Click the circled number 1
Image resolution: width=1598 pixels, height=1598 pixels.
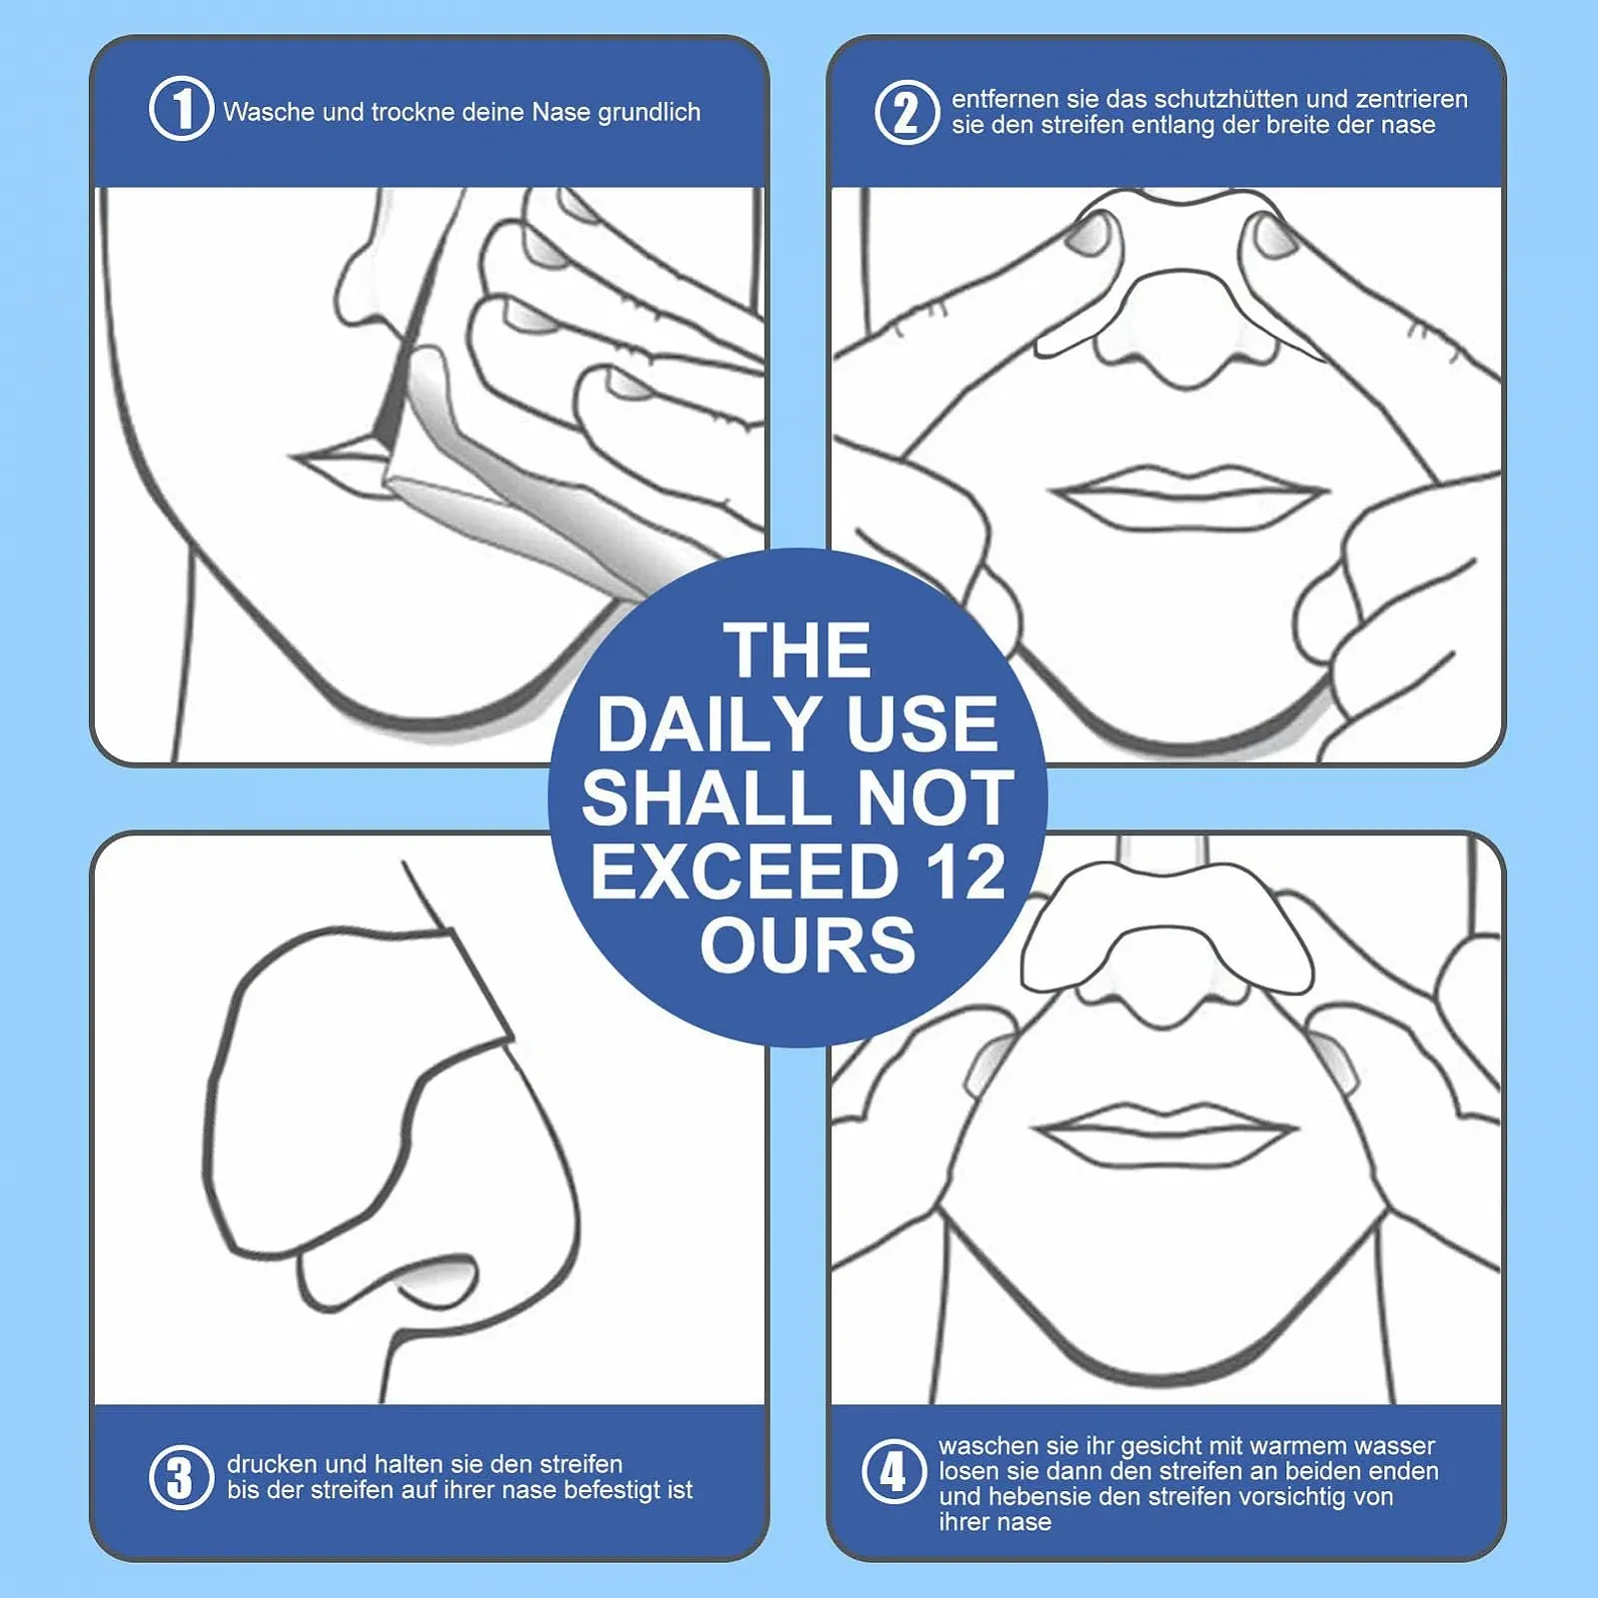[x=181, y=108]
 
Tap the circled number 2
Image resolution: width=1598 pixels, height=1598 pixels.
[x=906, y=112]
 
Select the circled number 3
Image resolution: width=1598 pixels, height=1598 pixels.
[x=181, y=1477]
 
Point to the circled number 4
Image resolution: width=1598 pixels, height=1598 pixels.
[x=894, y=1471]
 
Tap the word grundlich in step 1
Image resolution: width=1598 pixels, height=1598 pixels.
[x=649, y=113]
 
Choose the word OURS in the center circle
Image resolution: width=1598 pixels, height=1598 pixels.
[x=807, y=945]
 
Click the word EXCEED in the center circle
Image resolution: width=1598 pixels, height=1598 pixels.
[x=745, y=871]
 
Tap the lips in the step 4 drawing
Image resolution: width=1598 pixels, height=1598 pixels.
[x=1167, y=1134]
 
